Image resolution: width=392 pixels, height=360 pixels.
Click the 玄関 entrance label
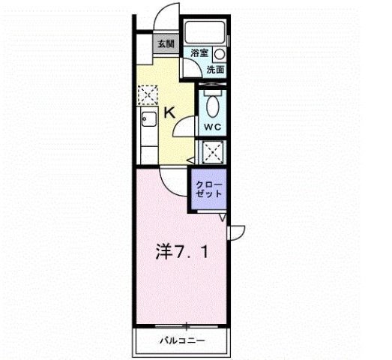click(166, 44)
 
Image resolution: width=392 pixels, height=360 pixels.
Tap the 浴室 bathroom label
click(199, 52)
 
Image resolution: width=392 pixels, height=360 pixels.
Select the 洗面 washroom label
click(215, 70)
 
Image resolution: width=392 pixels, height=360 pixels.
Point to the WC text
click(213, 127)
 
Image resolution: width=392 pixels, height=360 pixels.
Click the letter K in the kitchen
click(169, 112)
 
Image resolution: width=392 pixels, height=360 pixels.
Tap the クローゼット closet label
click(209, 190)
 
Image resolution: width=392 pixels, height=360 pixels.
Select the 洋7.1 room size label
click(182, 252)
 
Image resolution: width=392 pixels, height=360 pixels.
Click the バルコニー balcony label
click(182, 340)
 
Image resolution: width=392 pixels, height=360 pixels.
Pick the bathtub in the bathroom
click(205, 32)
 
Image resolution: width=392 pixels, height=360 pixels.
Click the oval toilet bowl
click(213, 106)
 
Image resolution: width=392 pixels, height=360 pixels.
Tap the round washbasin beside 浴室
click(220, 54)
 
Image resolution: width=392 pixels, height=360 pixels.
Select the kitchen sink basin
click(149, 119)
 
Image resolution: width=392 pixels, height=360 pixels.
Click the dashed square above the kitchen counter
click(148, 94)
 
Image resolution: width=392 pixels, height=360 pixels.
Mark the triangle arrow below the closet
click(223, 217)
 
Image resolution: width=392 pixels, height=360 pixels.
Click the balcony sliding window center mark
click(186, 326)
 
